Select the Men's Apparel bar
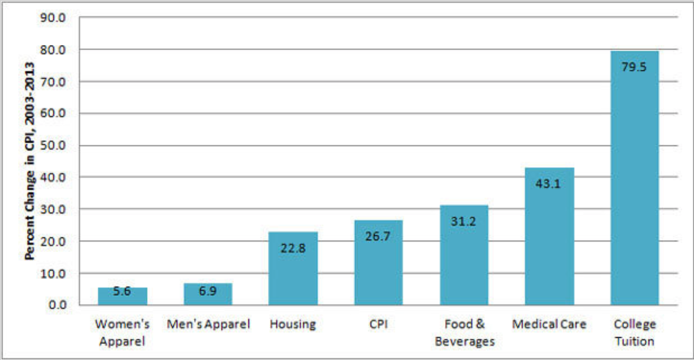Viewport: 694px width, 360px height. pos(208,294)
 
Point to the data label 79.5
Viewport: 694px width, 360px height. pos(634,67)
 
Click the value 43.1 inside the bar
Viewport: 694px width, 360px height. pos(548,184)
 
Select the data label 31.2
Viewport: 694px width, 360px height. pos(463,221)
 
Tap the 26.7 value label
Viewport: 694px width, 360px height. pos(378,236)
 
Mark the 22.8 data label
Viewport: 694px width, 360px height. pos(293,248)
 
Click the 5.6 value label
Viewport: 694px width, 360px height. pos(122,291)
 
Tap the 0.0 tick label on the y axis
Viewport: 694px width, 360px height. pos(60,305)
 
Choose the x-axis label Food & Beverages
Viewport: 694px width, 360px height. pos(464,333)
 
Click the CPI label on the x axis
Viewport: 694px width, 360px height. pos(378,324)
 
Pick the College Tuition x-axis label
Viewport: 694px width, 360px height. pos(635,333)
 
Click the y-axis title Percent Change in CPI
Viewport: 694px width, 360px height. pos(30,161)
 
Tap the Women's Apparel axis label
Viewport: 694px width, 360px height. pos(122,333)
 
